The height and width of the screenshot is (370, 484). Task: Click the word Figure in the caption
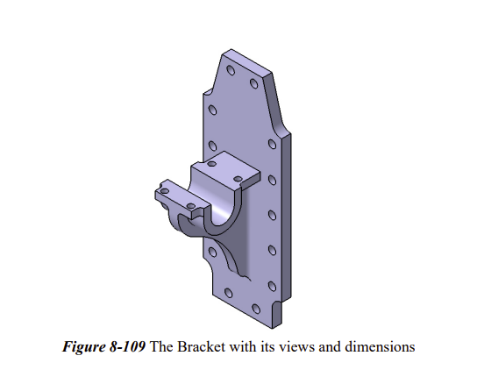84,346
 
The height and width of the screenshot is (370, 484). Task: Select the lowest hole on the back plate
256,308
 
